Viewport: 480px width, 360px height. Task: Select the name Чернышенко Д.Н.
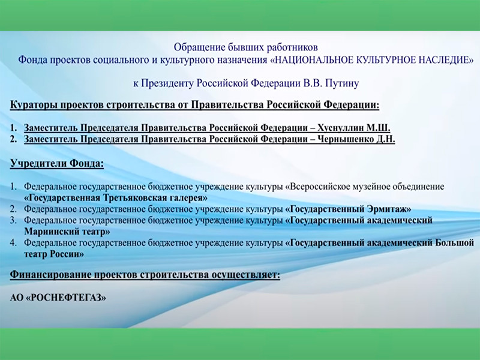point(356,139)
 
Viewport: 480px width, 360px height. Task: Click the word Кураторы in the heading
point(34,105)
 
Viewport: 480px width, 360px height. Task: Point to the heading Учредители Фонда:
point(57,163)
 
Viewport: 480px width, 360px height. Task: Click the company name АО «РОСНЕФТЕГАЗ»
point(58,297)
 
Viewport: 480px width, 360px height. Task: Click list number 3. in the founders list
point(13,220)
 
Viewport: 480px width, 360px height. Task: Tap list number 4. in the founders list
point(13,243)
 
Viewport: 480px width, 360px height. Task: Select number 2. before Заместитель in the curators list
point(13,139)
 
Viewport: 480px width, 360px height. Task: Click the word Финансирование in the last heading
point(50,275)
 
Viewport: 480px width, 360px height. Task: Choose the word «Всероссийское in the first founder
point(317,187)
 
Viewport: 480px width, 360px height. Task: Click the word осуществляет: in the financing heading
point(246,275)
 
